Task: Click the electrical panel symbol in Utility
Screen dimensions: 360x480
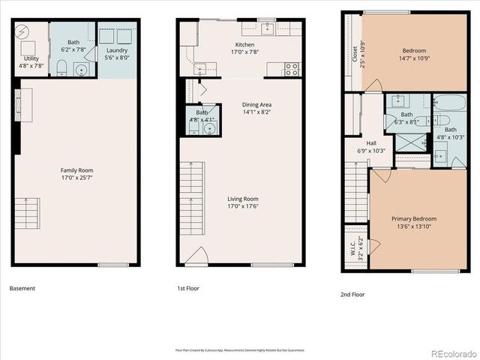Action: pyautogui.click(x=22, y=32)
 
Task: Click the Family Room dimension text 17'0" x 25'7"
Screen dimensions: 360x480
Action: pyautogui.click(x=76, y=178)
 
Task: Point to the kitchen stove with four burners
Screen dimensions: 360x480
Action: pyautogui.click(x=293, y=70)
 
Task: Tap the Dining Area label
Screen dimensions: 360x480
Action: pyautogui.click(x=256, y=105)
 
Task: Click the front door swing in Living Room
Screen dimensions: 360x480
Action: pyautogui.click(x=196, y=258)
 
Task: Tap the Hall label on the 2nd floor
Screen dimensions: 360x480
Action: pyautogui.click(x=371, y=143)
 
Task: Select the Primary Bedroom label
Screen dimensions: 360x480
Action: pyautogui.click(x=413, y=219)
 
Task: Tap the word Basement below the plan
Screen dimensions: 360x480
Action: pyautogui.click(x=22, y=288)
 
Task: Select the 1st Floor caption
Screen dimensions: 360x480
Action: pyautogui.click(x=188, y=288)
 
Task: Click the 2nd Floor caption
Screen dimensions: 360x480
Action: pyautogui.click(x=352, y=294)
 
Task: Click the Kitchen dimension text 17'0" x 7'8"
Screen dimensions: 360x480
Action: pyautogui.click(x=244, y=52)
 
